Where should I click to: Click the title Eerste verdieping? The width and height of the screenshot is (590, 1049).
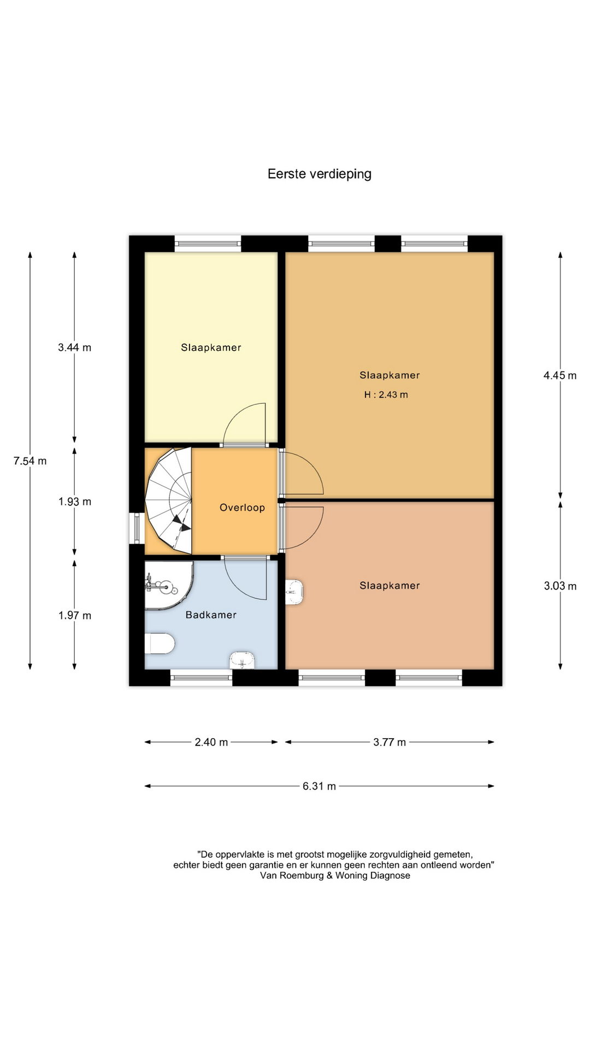[x=320, y=174]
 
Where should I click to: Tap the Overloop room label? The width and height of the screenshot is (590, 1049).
[x=242, y=508]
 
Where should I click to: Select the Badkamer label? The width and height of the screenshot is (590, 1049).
[x=211, y=615]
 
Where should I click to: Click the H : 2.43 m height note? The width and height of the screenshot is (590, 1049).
[x=386, y=394]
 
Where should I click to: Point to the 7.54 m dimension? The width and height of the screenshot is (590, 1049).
[x=30, y=461]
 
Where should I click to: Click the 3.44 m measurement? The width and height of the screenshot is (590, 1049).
[x=75, y=347]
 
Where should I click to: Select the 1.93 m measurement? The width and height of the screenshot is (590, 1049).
[x=75, y=502]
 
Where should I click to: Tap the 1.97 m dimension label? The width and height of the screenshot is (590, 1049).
[x=75, y=615]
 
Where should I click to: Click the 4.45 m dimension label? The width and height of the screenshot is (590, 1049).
[x=560, y=375]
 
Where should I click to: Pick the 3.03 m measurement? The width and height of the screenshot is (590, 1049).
[x=560, y=586]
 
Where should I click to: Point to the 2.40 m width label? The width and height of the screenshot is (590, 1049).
[x=211, y=742]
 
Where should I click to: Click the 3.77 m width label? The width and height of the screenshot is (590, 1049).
[x=390, y=742]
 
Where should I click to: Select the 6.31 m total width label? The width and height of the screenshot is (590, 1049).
[x=320, y=786]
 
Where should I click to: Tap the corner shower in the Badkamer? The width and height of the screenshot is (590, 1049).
[x=168, y=585]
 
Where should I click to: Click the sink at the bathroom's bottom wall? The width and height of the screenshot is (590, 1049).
[x=242, y=660]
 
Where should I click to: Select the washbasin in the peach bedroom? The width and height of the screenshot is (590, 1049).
[x=294, y=592]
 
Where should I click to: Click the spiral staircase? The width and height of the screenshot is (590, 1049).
[x=169, y=500]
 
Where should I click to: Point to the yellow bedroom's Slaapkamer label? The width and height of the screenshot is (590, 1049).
[x=211, y=347]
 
